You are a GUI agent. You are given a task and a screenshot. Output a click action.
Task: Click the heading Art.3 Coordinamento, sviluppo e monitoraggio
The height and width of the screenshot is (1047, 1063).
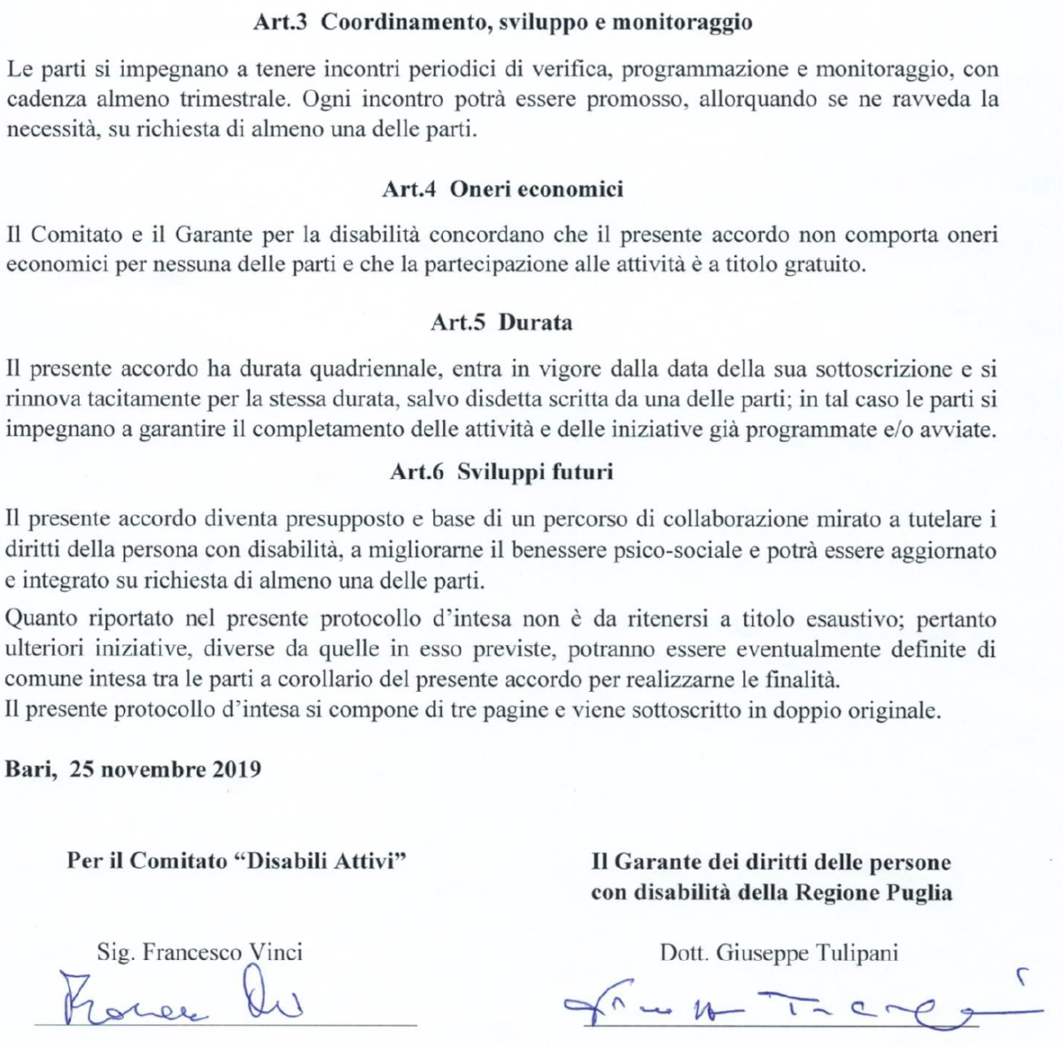[502, 23]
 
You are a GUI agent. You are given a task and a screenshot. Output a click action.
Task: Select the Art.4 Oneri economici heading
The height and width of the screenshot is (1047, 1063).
[502, 189]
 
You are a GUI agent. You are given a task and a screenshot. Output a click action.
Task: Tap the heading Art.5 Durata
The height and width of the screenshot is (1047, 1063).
[501, 322]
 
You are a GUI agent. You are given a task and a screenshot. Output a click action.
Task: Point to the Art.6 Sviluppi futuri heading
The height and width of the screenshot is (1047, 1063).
[501, 472]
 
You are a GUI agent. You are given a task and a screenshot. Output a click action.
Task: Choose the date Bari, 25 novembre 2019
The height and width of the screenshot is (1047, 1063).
[134, 768]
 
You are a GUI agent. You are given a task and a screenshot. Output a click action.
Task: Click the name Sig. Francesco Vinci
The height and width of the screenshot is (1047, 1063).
[199, 952]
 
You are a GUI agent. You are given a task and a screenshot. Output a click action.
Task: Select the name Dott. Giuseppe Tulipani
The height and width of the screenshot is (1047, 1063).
[779, 953]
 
